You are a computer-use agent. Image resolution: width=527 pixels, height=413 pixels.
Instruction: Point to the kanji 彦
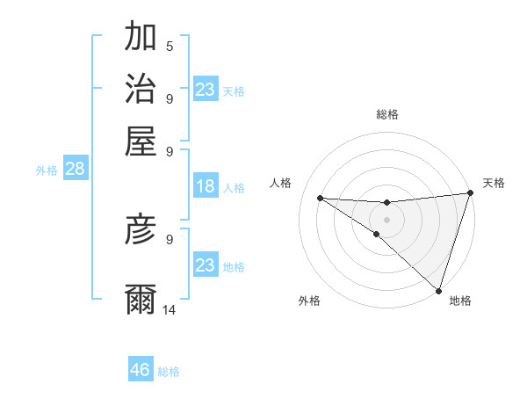click(141, 229)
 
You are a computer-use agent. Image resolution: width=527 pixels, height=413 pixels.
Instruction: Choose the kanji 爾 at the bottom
click(141, 299)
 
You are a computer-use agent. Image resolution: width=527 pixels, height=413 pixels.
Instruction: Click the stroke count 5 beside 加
click(170, 47)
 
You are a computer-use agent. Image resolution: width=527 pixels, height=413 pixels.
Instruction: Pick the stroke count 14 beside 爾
click(170, 309)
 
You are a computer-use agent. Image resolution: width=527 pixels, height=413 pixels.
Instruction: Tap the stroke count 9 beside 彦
click(170, 238)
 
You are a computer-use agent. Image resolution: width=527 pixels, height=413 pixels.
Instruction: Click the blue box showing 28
click(75, 170)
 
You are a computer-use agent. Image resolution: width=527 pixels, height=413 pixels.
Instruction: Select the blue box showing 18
click(206, 186)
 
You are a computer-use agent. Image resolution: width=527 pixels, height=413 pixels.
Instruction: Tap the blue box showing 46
click(141, 370)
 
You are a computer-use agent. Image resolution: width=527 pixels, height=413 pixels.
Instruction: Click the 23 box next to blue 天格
click(206, 90)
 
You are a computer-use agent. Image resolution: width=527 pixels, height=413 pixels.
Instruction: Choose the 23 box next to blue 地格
click(206, 265)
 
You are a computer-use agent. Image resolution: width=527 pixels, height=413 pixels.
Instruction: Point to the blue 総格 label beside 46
click(169, 372)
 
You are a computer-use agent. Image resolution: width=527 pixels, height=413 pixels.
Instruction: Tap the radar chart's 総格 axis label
click(386, 114)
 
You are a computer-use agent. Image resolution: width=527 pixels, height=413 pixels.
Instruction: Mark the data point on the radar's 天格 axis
click(470, 193)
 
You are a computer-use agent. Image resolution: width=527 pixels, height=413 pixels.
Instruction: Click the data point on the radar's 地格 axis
click(438, 290)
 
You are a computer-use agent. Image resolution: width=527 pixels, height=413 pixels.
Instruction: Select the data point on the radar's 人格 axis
click(320, 198)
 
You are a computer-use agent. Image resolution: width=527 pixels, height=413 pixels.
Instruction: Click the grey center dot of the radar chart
click(386, 219)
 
